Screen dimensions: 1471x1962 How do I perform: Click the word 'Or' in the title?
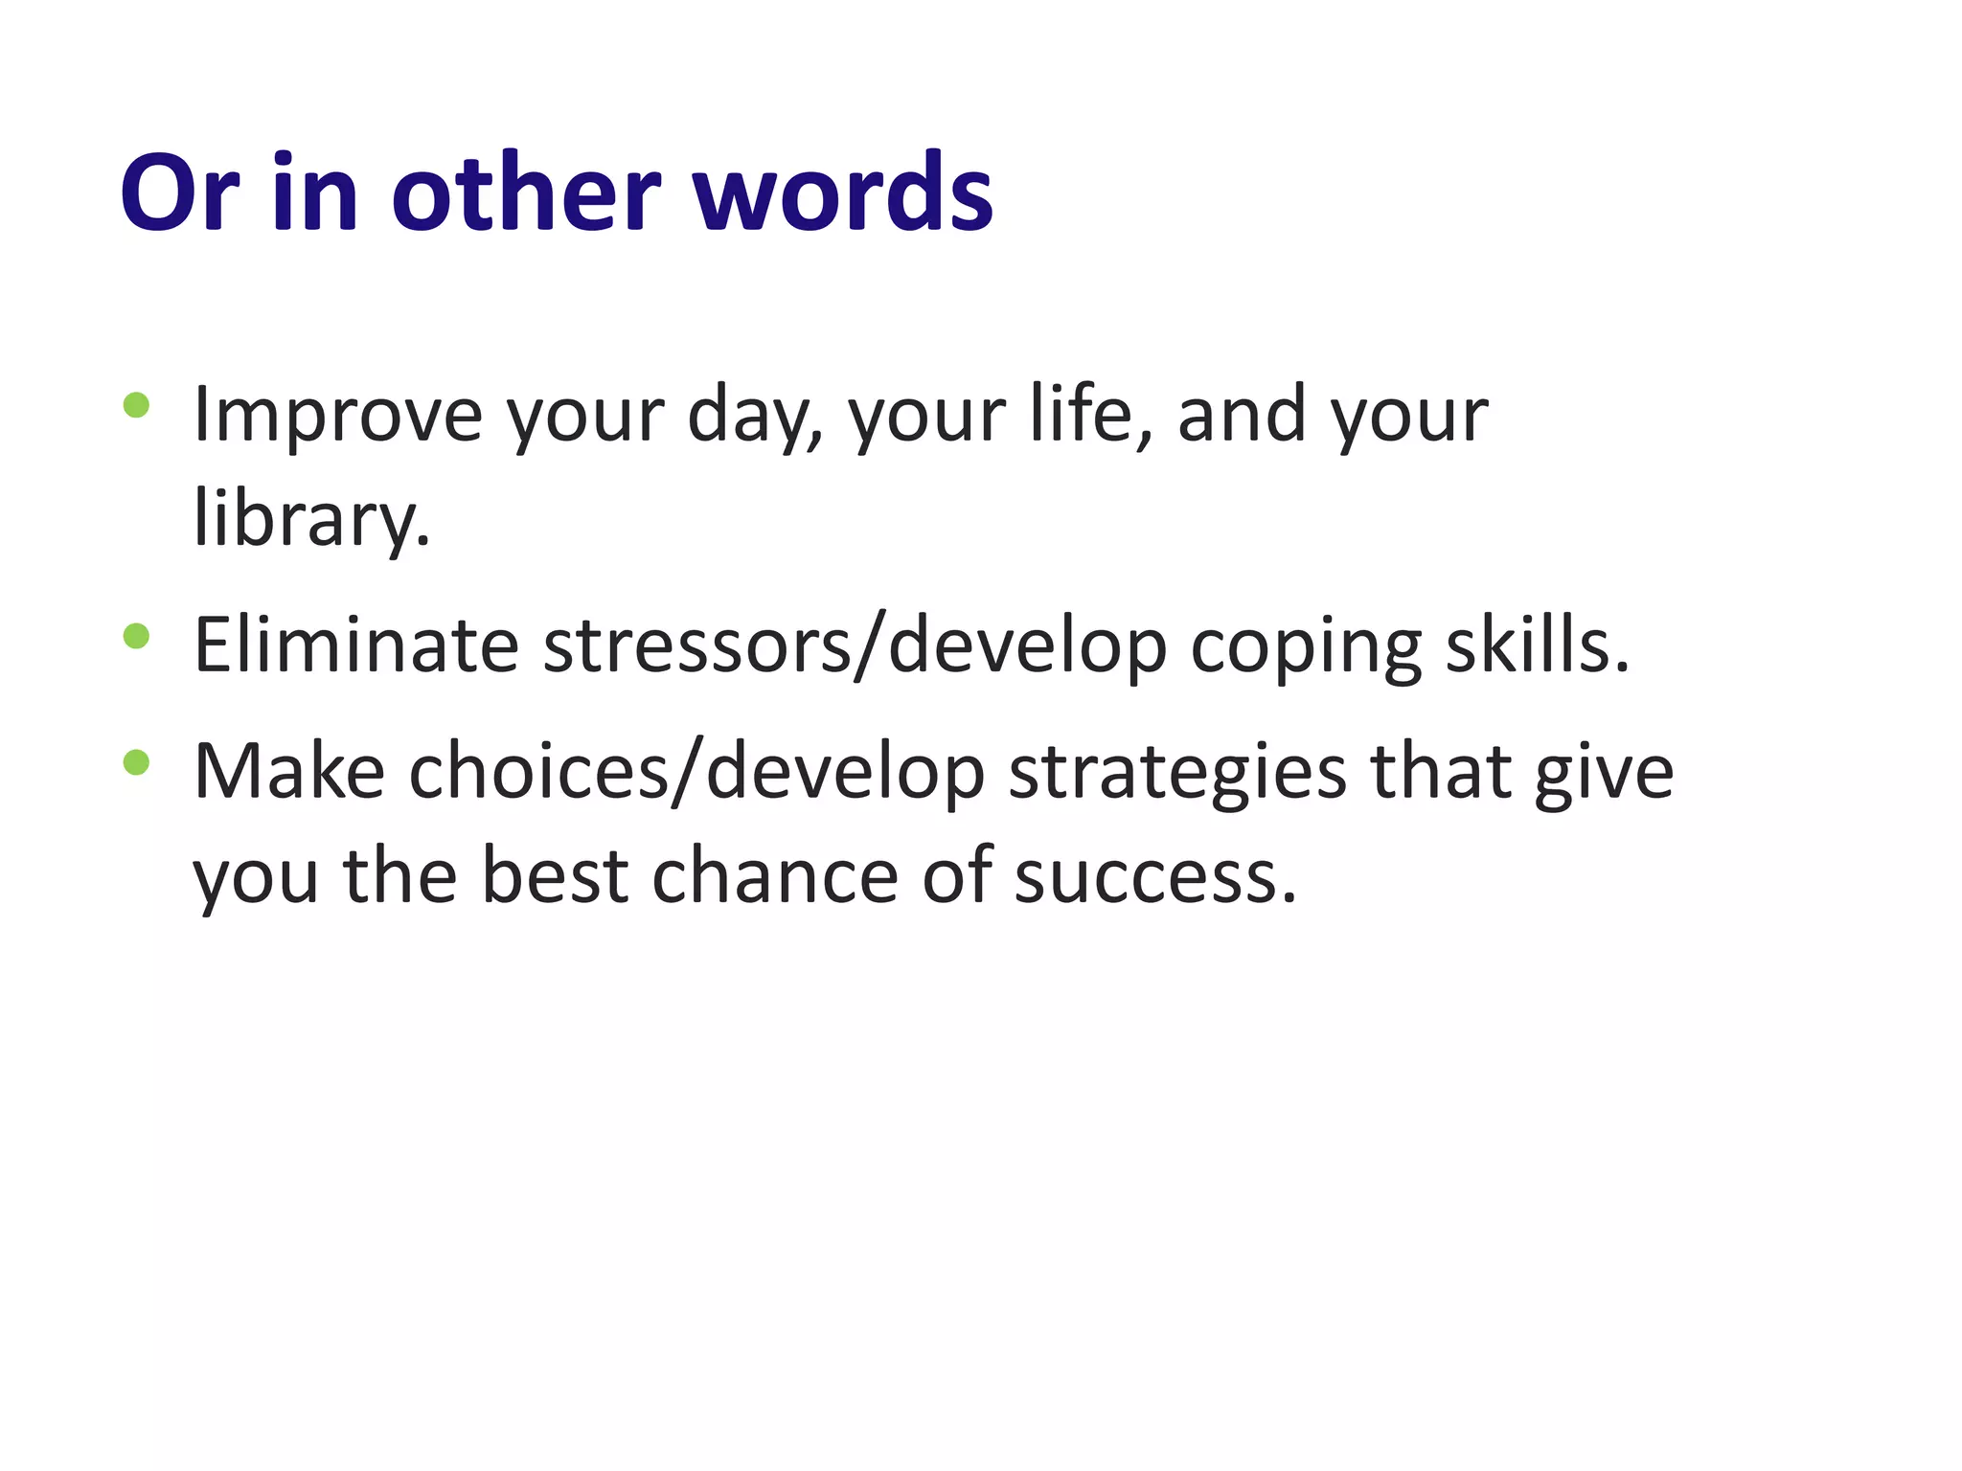coord(179,193)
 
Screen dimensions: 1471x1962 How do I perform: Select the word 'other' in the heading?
coord(526,193)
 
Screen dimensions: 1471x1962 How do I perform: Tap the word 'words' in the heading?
coord(843,193)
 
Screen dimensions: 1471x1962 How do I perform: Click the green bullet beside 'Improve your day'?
coord(137,405)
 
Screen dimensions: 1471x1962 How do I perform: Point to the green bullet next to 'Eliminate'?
coord(137,636)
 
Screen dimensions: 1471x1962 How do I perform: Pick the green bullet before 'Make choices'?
coord(137,762)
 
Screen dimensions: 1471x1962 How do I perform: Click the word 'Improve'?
coord(337,416)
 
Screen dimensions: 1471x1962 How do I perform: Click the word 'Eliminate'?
coord(356,645)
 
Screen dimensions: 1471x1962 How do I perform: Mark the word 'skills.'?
coord(1537,645)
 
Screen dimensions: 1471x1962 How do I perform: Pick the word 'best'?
coord(555,876)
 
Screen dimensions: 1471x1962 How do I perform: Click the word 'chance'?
coord(774,876)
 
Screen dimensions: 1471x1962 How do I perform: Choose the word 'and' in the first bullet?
coord(1242,416)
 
